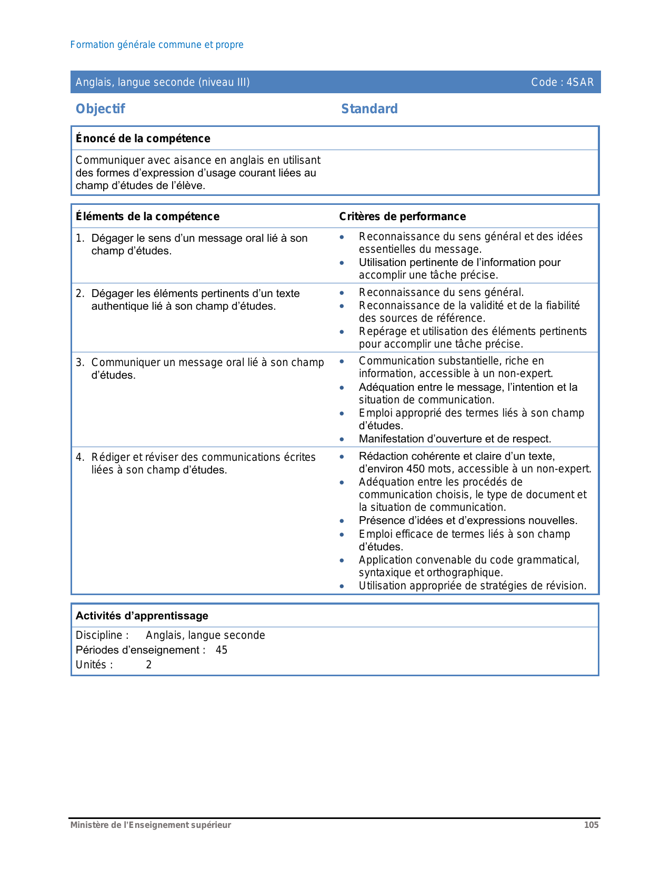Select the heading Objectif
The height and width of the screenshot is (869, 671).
coord(100,109)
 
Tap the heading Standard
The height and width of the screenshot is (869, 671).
coord(369,109)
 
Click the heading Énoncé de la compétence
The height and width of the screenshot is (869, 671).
coord(143,139)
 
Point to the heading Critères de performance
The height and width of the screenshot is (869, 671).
coord(402,216)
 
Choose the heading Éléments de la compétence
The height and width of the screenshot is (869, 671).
coord(147,216)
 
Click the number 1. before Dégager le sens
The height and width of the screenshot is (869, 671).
coord(79,239)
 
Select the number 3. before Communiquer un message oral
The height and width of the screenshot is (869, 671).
coord(79,362)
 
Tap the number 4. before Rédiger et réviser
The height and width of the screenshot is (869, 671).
coord(79,457)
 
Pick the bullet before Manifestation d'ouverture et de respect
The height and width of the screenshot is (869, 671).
coord(342,439)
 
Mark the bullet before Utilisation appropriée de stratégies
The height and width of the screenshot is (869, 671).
coord(342,586)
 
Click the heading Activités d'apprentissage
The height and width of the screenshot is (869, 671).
coord(142,616)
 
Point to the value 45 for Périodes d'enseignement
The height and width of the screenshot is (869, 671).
coord(222,650)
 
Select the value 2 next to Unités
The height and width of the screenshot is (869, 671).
coord(149,665)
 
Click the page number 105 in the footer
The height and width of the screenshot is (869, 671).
coord(591,825)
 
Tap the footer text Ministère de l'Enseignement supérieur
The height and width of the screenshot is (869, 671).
coord(151,825)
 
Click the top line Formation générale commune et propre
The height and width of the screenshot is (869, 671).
coord(157,45)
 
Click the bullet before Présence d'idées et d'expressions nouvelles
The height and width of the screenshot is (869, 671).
coord(342,521)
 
